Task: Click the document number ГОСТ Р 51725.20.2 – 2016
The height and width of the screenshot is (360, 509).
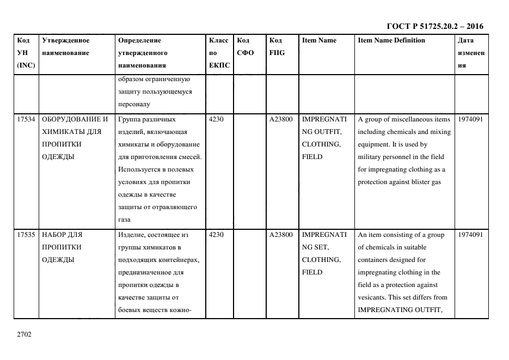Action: click(x=434, y=26)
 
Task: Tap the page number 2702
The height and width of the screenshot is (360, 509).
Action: click(x=24, y=334)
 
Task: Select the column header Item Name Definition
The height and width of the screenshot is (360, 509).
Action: click(x=391, y=40)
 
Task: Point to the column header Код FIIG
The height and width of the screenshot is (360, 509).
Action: click(x=277, y=47)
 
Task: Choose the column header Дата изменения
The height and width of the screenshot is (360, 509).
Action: click(x=471, y=53)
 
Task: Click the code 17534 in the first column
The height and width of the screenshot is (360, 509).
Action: click(x=26, y=119)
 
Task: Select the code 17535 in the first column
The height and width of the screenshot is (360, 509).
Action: click(x=26, y=235)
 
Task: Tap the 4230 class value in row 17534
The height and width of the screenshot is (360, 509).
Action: click(x=216, y=119)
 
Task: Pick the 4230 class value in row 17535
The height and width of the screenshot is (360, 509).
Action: click(x=216, y=235)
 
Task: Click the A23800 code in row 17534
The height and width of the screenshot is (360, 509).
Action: click(x=281, y=119)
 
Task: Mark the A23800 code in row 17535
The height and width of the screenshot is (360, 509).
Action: click(x=281, y=235)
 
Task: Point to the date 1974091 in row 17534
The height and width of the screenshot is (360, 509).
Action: click(x=471, y=119)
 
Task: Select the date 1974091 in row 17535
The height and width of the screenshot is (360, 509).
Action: click(x=471, y=235)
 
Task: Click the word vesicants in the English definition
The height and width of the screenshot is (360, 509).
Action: click(x=372, y=297)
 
